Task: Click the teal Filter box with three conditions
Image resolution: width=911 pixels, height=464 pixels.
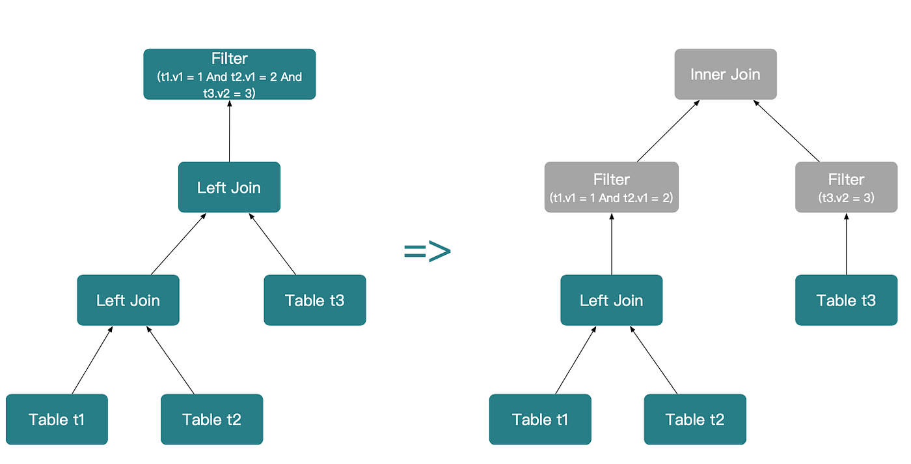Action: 229,74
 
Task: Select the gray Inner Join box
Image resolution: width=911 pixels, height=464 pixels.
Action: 726,74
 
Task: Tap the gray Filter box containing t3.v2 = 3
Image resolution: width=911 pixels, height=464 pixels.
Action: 847,187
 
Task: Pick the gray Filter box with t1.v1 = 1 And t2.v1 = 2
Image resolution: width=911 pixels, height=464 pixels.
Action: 611,187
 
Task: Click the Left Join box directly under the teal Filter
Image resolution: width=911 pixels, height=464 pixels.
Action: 229,187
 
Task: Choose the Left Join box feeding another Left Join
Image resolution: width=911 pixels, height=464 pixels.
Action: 128,300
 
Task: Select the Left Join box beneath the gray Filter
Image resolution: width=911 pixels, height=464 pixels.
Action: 611,300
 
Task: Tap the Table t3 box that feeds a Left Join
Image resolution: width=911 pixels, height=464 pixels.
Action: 315,300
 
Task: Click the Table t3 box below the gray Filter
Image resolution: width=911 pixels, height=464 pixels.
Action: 847,300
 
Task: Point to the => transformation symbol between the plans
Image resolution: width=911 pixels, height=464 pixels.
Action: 428,251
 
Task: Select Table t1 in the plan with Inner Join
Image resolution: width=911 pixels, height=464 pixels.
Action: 540,419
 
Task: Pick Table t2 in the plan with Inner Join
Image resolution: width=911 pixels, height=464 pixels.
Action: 695,419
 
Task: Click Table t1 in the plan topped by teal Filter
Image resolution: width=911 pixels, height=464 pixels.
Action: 57,419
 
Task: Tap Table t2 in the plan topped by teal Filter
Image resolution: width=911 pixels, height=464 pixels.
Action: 212,419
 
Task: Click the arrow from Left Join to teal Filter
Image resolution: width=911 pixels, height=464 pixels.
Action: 229,131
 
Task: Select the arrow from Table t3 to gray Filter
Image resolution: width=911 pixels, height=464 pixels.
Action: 847,244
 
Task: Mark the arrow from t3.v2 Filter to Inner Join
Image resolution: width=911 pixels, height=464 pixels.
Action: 786,131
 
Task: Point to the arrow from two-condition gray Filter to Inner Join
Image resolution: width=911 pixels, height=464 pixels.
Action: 668,131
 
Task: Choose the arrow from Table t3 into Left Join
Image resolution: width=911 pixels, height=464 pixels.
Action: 273,244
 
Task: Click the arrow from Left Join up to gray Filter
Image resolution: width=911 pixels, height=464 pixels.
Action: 612,244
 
